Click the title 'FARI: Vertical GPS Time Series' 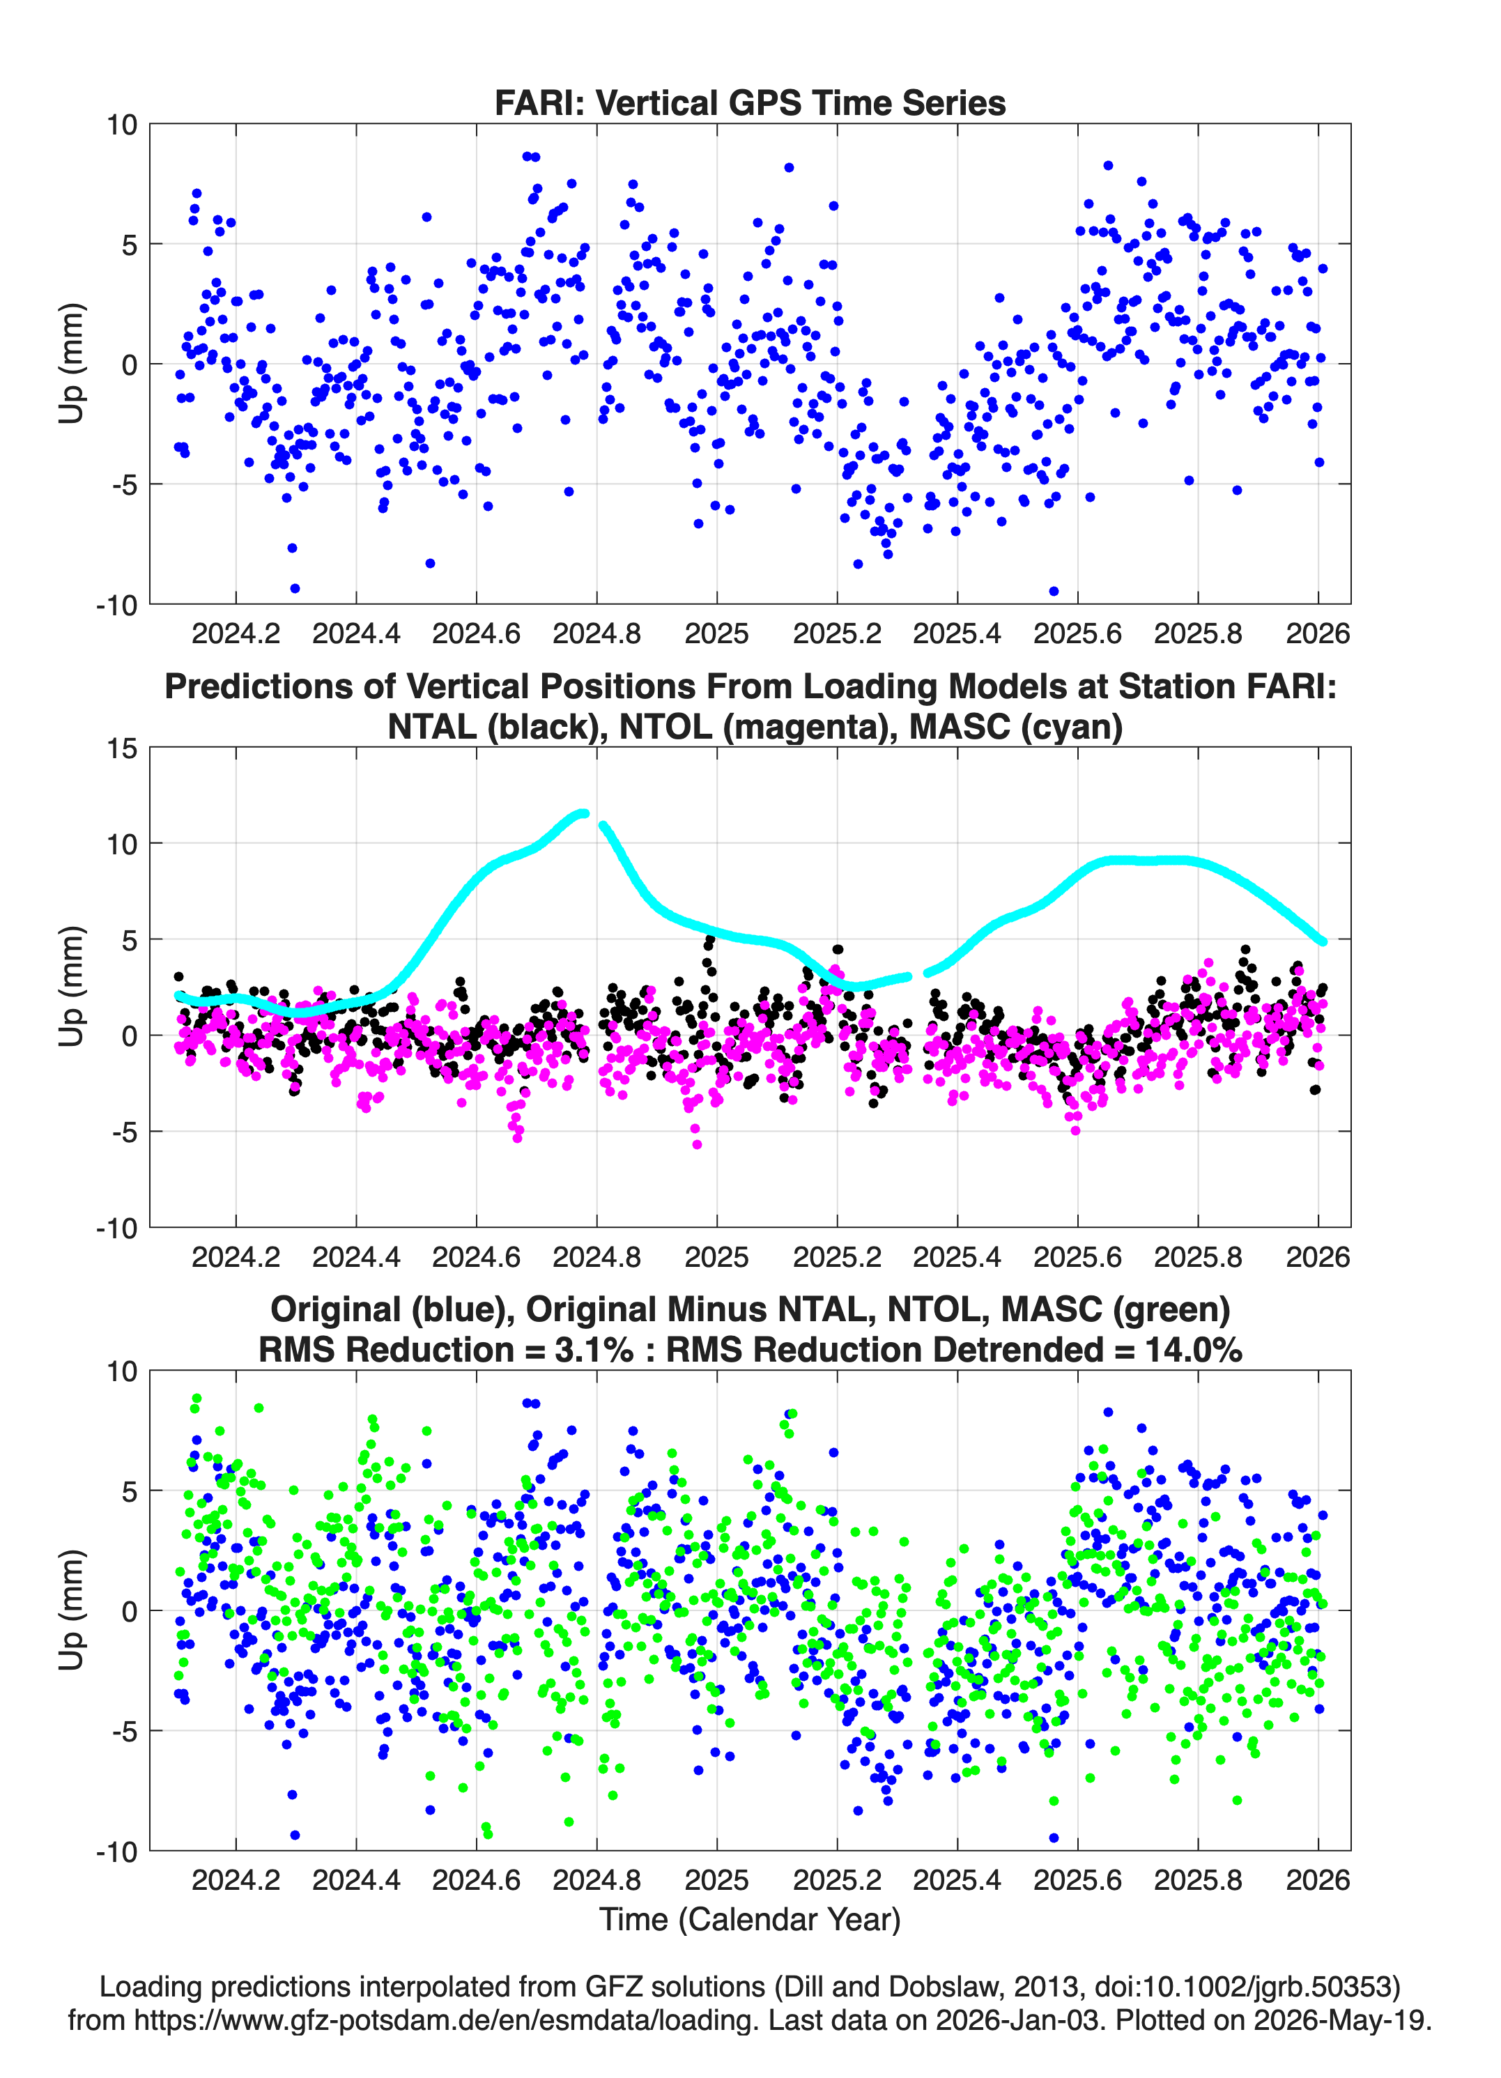click(x=750, y=102)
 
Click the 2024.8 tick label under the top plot click(x=596, y=633)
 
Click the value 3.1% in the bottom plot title click(x=594, y=1350)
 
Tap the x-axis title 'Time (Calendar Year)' click(x=750, y=1918)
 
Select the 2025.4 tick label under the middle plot click(x=957, y=1256)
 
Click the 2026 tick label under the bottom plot click(x=1318, y=1879)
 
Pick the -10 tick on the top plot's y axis click(x=116, y=605)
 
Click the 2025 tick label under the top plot click(x=716, y=633)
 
